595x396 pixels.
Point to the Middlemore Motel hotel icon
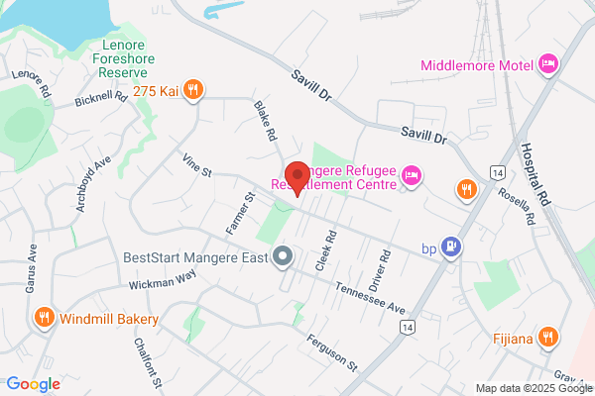click(547, 66)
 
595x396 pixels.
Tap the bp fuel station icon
click(452, 246)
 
